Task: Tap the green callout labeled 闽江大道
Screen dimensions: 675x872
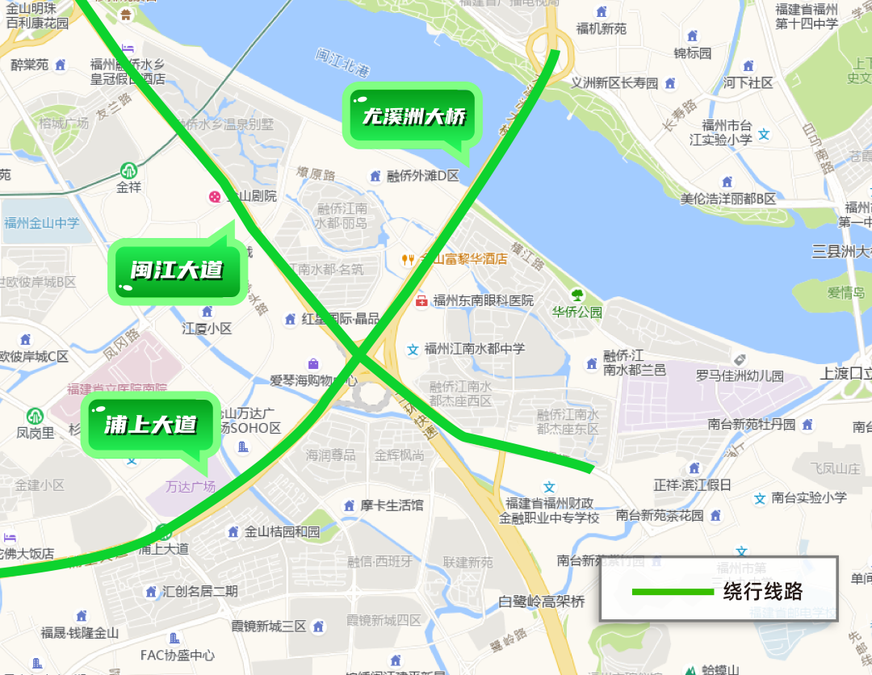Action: click(177, 270)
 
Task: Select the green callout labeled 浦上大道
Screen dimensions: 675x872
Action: click(150, 424)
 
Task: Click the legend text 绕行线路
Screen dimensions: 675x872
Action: click(762, 591)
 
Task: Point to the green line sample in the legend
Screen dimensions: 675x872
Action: click(673, 592)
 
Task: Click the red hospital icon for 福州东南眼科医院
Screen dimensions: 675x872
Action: click(421, 300)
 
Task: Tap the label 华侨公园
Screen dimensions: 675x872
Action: click(576, 312)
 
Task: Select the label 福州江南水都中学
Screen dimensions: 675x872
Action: click(475, 349)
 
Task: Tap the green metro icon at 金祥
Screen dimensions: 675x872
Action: click(128, 170)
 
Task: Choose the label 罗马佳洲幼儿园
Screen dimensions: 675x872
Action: click(740, 375)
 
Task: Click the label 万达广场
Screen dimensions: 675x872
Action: click(191, 486)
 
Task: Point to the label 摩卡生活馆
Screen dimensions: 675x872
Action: click(392, 505)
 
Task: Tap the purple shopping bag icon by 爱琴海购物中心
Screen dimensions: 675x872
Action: click(313, 364)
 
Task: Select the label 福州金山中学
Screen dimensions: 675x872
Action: click(42, 223)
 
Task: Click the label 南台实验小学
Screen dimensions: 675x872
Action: click(809, 497)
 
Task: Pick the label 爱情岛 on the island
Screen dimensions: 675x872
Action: click(845, 292)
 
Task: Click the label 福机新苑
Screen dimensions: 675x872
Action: click(601, 28)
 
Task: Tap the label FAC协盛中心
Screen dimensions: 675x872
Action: click(178, 656)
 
